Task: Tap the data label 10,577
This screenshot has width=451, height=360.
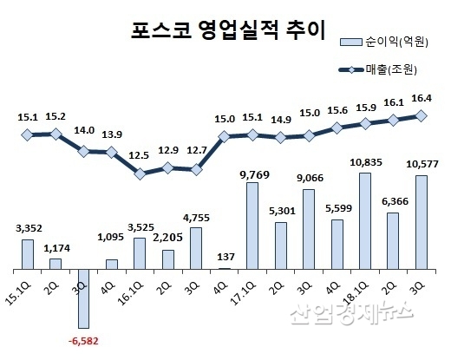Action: point(422,165)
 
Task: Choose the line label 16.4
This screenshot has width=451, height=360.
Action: point(422,98)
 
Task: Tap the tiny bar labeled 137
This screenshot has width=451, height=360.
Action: point(225,268)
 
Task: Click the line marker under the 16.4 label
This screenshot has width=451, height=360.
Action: point(422,115)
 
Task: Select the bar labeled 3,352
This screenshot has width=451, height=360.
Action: point(28,253)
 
